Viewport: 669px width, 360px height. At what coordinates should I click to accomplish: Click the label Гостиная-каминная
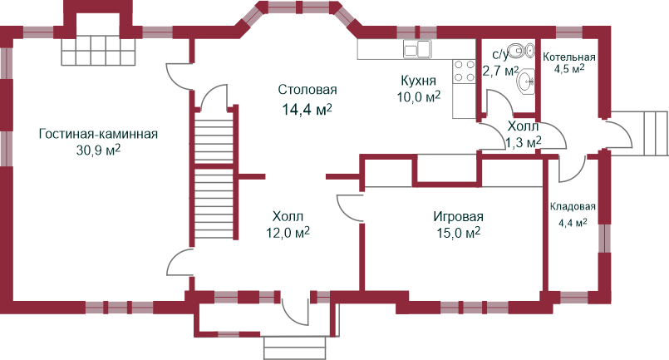98,134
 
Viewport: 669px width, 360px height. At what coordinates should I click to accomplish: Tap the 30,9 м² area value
98,150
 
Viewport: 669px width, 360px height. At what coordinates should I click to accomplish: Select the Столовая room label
307,90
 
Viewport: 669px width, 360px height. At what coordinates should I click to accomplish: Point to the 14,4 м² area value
307,109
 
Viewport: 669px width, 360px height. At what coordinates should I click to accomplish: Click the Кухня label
418,81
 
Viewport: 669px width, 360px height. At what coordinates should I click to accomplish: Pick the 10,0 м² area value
418,97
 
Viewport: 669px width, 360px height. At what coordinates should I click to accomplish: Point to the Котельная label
569,57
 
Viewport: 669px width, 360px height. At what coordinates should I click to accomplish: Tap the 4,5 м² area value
569,68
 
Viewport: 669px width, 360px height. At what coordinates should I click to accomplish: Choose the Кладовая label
573,207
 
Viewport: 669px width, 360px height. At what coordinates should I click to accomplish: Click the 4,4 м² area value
573,223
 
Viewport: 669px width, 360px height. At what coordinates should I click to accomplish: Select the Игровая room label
458,217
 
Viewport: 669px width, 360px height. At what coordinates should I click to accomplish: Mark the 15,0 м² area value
458,234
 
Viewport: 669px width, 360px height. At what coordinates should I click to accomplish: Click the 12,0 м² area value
288,233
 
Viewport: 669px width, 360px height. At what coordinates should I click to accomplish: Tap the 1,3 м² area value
524,143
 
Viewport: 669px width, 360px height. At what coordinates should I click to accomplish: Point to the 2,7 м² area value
500,72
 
